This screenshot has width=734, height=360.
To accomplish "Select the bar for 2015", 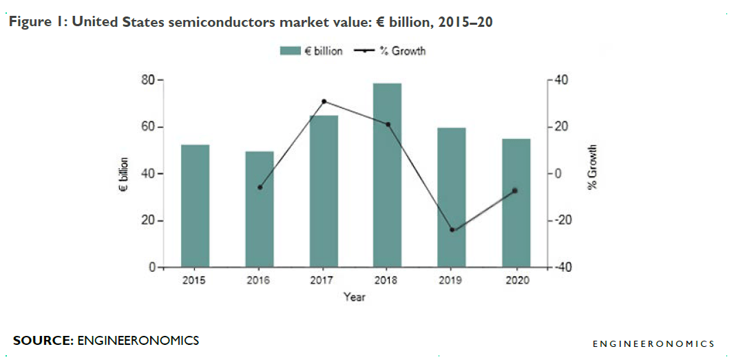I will click(195, 206).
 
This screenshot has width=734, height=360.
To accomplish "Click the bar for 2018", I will click(387, 175).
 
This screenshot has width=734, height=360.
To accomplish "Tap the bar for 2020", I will click(516, 203).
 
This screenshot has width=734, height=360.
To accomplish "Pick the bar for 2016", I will click(260, 209).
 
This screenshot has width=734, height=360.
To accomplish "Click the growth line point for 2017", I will click(324, 101).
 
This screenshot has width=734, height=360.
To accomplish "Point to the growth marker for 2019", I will click(452, 230).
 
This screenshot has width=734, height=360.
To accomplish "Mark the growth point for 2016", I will click(260, 187).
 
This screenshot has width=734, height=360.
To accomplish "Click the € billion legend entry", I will click(311, 51).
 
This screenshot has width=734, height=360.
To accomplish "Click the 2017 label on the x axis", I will click(322, 280).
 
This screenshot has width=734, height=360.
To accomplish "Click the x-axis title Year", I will click(355, 297).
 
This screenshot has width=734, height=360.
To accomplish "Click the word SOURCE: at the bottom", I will click(43, 341).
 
